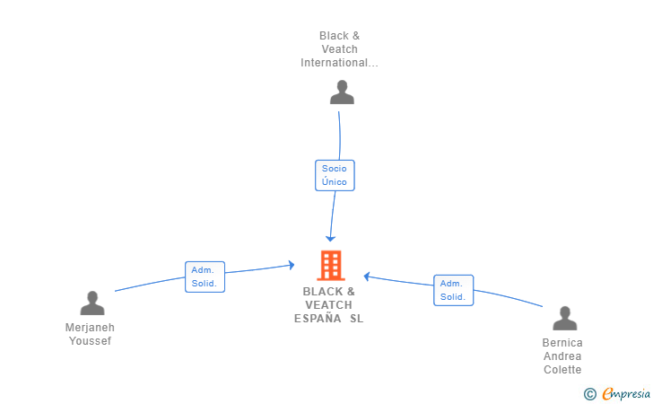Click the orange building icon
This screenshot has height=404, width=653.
tap(331, 265)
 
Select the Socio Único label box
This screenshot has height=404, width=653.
tap(335, 176)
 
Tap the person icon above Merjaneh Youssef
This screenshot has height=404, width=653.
tap(92, 303)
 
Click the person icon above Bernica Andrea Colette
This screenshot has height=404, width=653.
tap(565, 318)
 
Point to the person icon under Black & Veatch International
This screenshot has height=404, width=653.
tap(342, 92)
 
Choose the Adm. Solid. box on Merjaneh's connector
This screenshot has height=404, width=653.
tap(205, 277)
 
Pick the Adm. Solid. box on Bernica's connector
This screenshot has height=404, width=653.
tap(454, 290)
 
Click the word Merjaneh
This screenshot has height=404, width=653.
tap(90, 328)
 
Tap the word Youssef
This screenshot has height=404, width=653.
tap(90, 340)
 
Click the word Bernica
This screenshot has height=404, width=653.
tap(562, 343)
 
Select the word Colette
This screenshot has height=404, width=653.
tap(562, 369)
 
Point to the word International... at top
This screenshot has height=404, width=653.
tap(339, 63)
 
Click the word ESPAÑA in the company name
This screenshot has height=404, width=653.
tap(318, 319)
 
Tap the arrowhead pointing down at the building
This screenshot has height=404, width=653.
tap(330, 239)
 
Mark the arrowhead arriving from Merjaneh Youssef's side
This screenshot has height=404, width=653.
tap(292, 265)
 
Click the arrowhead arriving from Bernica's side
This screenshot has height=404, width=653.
tap(367, 276)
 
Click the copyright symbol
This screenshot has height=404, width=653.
tap(589, 393)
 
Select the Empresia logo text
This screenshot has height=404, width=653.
tap(626, 393)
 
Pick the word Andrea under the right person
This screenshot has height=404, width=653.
tap(562, 356)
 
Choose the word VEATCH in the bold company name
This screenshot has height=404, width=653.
tap(328, 304)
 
